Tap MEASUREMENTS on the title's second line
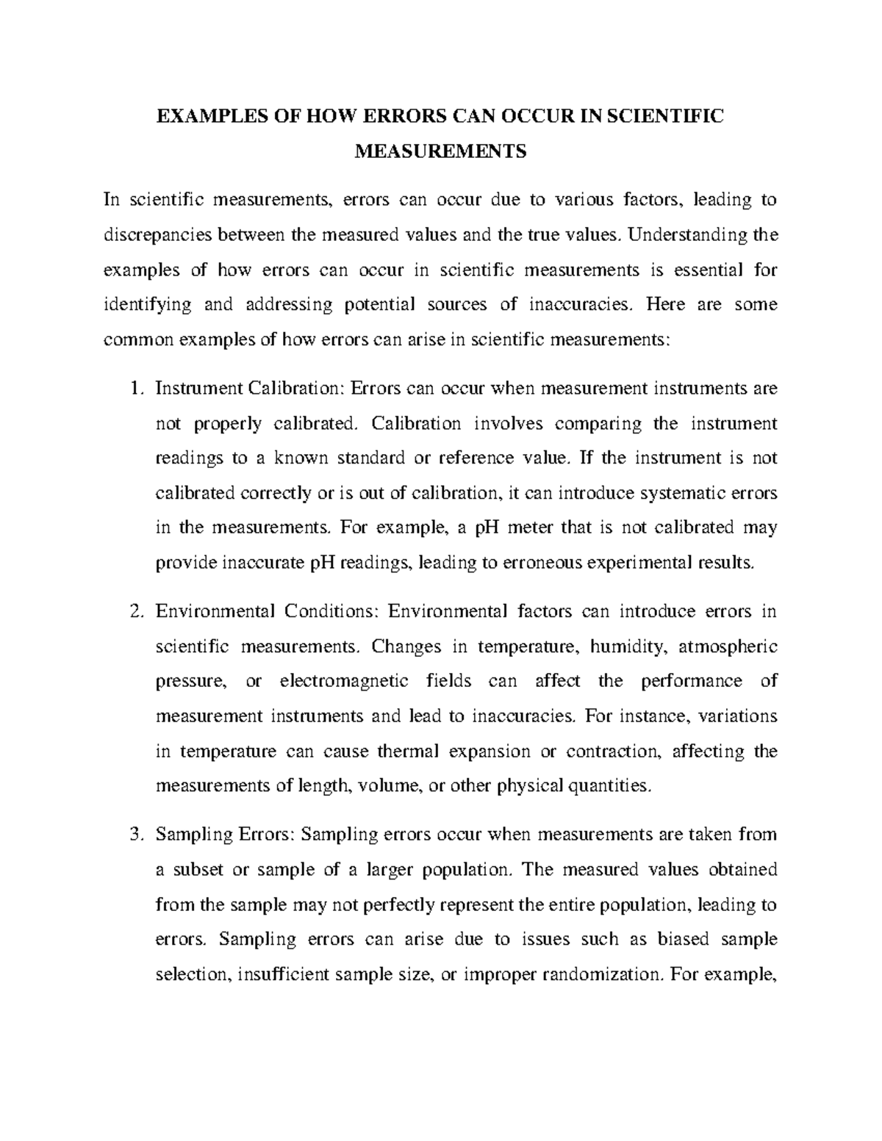click(441, 152)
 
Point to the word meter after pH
click(526, 528)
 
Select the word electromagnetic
click(344, 681)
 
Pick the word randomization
click(600, 975)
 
